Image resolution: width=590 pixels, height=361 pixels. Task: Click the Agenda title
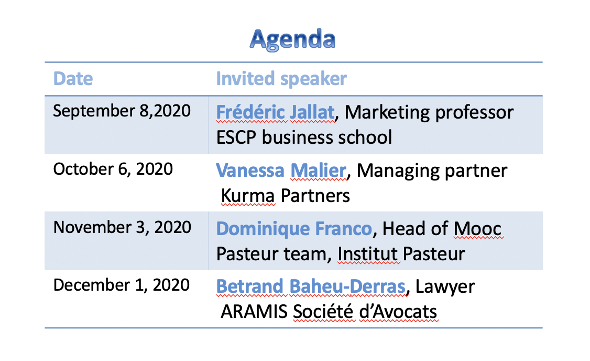click(292, 39)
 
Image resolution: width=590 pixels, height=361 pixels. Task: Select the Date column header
click(73, 78)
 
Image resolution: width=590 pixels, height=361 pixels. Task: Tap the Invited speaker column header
click(281, 79)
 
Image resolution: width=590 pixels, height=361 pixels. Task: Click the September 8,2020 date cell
click(122, 111)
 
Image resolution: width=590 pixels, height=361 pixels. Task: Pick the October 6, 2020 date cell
click(113, 169)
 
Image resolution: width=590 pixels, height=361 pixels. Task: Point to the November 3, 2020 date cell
click(122, 227)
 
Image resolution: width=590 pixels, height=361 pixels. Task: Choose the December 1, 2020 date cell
click(122, 285)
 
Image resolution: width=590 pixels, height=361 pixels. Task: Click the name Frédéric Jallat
click(276, 112)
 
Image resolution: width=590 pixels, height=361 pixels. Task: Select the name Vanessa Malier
click(281, 171)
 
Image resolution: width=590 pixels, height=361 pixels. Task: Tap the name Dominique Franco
click(294, 229)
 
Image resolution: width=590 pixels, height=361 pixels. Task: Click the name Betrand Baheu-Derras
click(311, 287)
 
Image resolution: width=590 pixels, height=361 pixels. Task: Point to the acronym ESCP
click(236, 137)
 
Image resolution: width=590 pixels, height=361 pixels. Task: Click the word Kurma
click(248, 196)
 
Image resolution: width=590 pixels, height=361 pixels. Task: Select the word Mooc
click(477, 229)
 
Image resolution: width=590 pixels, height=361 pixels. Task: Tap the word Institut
click(368, 254)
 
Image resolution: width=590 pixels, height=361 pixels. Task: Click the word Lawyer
click(445, 288)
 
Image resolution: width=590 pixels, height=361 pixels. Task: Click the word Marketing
click(387, 113)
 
